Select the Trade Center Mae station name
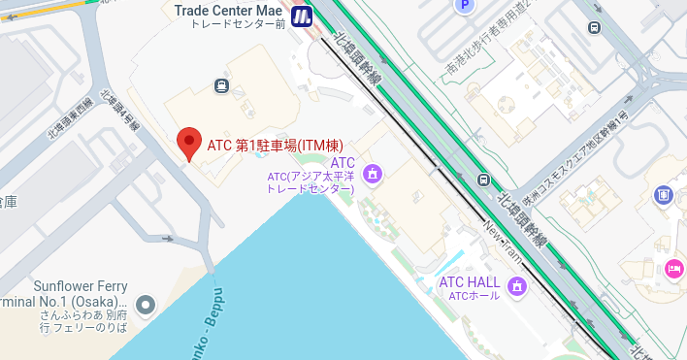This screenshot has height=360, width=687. pyautogui.click(x=229, y=10)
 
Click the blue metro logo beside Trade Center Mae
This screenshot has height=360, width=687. pyautogui.click(x=301, y=16)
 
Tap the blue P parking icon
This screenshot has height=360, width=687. pyautogui.click(x=464, y=5)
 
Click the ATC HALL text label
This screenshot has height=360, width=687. pyautogui.click(x=470, y=282)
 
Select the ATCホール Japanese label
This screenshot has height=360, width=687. pyautogui.click(x=470, y=296)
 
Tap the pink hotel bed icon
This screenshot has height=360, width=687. pyautogui.click(x=673, y=268)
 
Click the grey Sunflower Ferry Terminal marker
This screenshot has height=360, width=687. pyautogui.click(x=146, y=306)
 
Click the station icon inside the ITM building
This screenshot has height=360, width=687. pyautogui.click(x=222, y=85)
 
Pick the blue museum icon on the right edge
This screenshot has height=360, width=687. pyautogui.click(x=664, y=196)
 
